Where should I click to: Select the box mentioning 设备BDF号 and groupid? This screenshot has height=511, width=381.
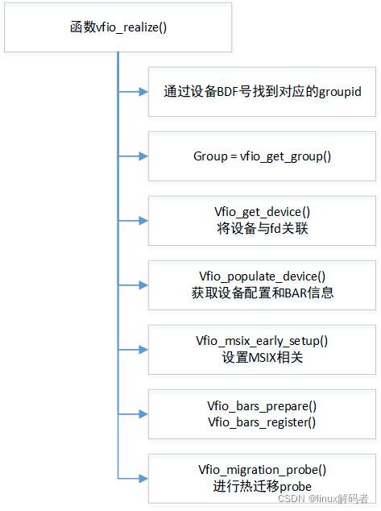(262, 91)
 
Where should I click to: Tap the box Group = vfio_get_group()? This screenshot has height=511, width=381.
(262, 156)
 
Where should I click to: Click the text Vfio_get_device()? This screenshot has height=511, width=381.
(262, 212)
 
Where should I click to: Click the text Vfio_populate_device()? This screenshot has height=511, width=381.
(262, 276)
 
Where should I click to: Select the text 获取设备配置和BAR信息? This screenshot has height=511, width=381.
(262, 293)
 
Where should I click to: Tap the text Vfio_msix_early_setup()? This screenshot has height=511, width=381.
(262, 341)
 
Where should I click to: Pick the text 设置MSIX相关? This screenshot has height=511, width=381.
(262, 357)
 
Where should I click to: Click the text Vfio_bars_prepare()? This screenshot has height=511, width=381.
(262, 405)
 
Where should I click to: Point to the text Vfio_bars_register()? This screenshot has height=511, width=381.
(262, 422)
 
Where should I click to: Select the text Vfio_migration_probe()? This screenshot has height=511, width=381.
(262, 471)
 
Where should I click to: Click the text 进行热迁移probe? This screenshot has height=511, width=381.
(262, 487)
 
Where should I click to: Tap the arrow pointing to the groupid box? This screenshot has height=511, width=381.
(133, 91)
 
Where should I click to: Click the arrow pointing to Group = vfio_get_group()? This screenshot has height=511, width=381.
(133, 156)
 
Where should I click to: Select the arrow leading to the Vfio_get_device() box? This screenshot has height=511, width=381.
(133, 220)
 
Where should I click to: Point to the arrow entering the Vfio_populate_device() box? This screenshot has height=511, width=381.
(133, 285)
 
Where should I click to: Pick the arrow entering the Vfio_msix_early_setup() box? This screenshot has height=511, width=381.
(133, 349)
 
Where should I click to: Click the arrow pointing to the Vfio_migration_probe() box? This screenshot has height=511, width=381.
(133, 478)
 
